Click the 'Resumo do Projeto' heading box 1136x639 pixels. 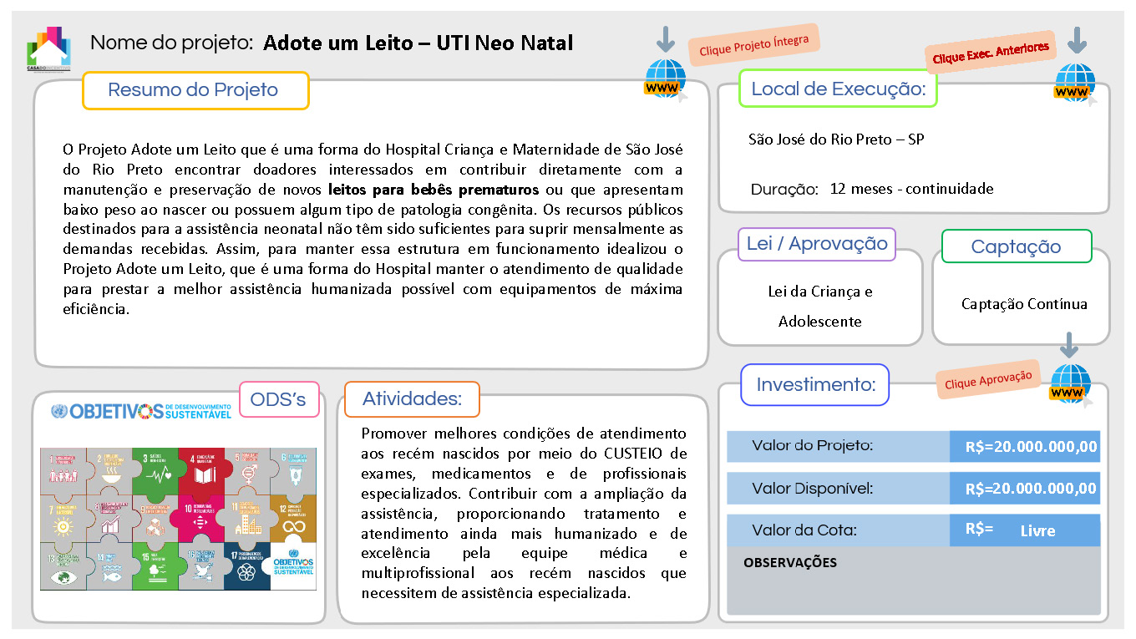coord(195,90)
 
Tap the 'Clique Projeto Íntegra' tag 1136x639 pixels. coord(753,45)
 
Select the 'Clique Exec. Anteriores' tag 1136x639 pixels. coord(991,53)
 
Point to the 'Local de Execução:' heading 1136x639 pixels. coord(838,89)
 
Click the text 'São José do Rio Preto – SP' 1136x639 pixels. coord(836,139)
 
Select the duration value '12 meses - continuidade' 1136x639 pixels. coord(911,189)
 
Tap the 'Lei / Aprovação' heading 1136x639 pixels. coord(817,244)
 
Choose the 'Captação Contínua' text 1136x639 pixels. coord(1024,304)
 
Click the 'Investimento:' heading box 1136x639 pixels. coord(815,385)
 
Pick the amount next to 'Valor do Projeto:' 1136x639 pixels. coord(1031,447)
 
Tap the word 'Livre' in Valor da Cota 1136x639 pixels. coord(1037,530)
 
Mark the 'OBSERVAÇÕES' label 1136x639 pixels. coord(789,562)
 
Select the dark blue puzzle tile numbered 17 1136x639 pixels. coord(246,565)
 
